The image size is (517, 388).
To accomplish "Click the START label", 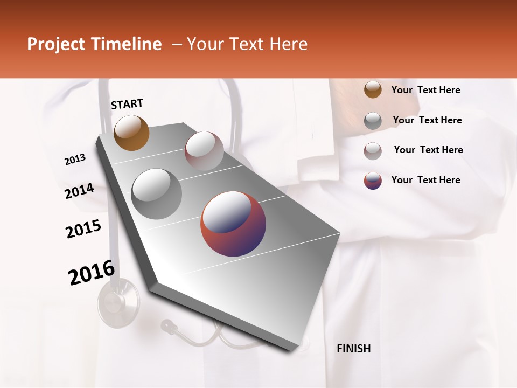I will point(127,104).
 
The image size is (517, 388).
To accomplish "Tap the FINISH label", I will point(353,349).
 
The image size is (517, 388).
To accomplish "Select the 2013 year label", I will point(75,160).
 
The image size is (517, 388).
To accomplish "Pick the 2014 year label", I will point(79,191).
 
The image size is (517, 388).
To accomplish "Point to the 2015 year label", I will point(83,229).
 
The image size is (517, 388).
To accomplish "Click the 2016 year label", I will point(92,273).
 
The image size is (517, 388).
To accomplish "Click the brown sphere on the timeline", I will point(131,133).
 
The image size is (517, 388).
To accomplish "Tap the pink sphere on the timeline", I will point(204,151).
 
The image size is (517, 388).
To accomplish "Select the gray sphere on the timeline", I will point(157,193).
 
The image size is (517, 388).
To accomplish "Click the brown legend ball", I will point(373,90).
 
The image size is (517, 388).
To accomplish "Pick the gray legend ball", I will point(373,121).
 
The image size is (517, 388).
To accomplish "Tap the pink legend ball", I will point(373,151).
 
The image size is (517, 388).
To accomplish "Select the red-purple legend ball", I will point(373,181).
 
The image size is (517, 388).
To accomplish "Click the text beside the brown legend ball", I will point(425,90).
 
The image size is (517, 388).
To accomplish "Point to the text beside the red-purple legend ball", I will point(425,180).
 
